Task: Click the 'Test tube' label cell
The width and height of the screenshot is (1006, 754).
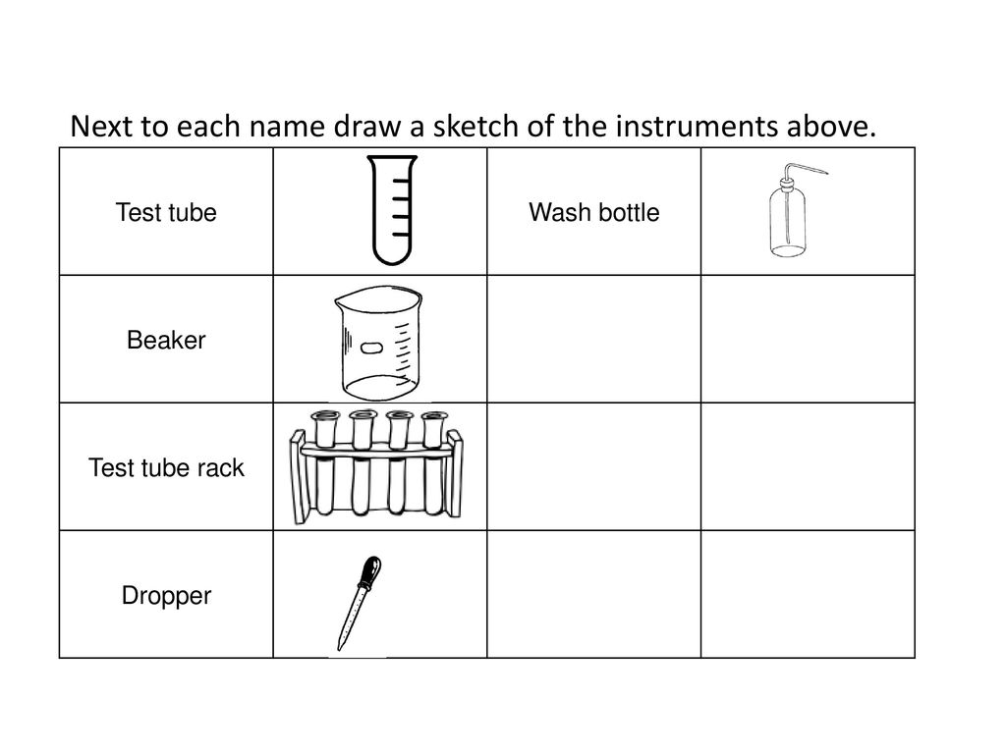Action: click(166, 212)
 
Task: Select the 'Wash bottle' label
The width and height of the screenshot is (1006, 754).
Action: click(593, 212)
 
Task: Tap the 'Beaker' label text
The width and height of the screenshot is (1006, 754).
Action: click(166, 341)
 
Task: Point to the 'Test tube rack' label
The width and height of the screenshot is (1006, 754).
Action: click(166, 468)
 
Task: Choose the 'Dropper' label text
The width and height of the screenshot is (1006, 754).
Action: click(166, 595)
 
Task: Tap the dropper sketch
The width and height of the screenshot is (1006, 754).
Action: click(357, 601)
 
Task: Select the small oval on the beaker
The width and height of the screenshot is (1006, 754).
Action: click(372, 349)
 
